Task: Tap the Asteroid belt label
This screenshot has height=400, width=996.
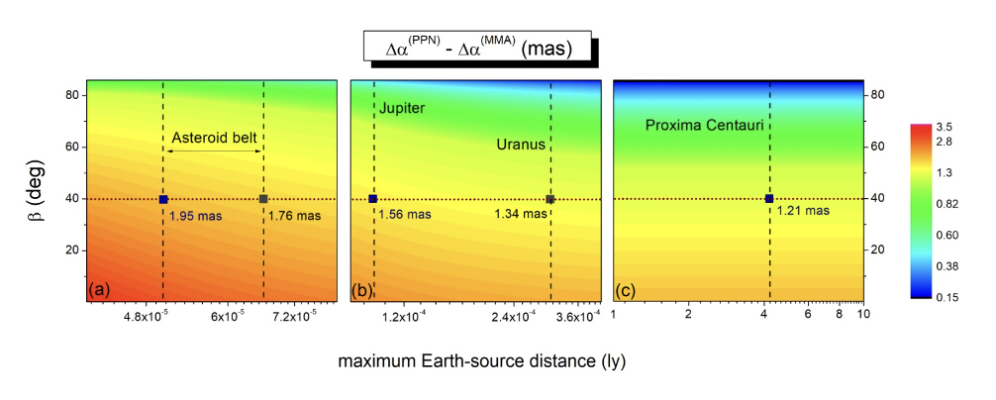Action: coord(214,137)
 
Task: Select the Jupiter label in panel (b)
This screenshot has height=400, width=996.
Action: coord(402,108)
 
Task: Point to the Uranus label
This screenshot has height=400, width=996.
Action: coord(521,145)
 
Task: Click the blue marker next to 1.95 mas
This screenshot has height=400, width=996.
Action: coord(163,199)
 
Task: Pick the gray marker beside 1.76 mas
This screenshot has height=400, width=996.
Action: coord(263,199)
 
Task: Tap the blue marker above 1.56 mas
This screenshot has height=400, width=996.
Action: coord(373,199)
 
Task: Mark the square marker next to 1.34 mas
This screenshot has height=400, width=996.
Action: coord(550,199)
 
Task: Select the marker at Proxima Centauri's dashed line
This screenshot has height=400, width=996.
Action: coord(769,199)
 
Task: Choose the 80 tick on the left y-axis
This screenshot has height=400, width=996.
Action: coord(72,95)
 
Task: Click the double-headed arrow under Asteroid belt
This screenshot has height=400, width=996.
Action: coord(214,150)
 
